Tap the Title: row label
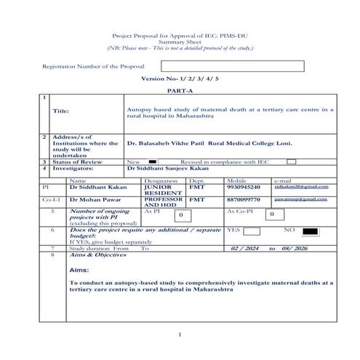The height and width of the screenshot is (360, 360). [60, 111]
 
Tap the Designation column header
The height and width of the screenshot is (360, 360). [161, 180]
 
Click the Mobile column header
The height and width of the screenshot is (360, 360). [236, 180]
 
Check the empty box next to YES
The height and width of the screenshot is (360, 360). [252, 231]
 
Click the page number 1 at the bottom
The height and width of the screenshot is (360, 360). [179, 335]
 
